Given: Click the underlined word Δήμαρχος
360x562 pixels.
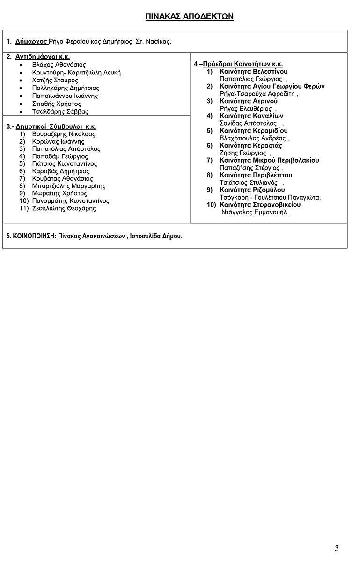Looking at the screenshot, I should point(32,42).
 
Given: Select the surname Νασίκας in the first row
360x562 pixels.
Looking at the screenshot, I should point(159,42).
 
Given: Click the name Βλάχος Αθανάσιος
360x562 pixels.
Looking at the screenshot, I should point(59,65).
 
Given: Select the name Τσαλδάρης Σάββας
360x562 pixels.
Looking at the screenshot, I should point(60,112).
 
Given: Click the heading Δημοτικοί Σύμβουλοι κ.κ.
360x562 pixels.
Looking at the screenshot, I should point(56,126).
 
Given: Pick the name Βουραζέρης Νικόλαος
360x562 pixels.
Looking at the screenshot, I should point(64,134).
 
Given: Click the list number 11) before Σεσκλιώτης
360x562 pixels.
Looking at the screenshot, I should point(24,208).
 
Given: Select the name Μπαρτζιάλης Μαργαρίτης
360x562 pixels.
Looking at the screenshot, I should point(69,186).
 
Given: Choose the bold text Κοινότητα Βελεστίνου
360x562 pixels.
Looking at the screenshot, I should point(253,71).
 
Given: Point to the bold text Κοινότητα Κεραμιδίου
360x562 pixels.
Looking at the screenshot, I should point(253,131).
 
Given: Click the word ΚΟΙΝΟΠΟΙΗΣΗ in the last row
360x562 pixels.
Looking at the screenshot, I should point(30,236).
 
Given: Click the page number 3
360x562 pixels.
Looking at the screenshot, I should point(337,548).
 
